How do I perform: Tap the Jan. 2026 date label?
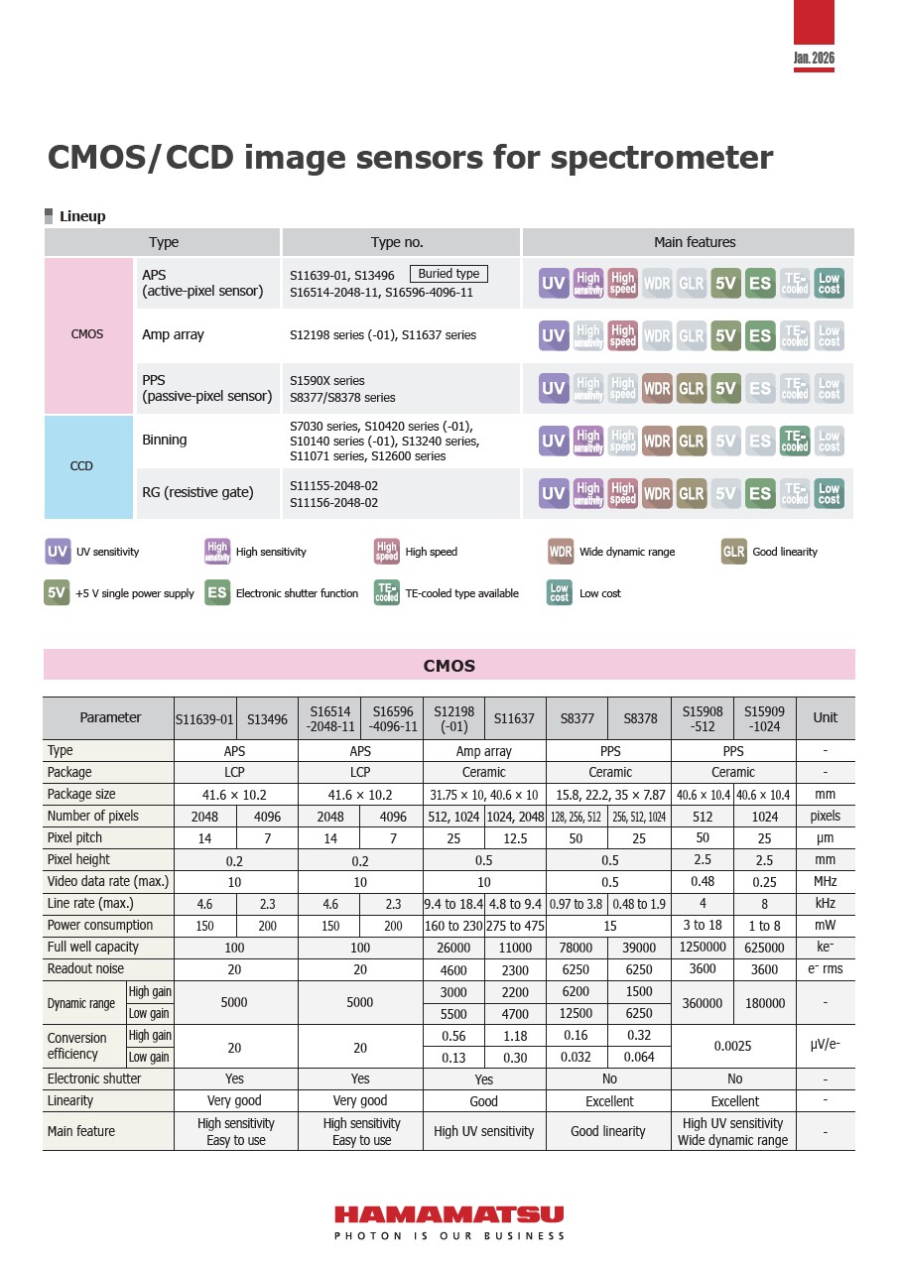click(814, 59)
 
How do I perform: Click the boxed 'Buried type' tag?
click(449, 274)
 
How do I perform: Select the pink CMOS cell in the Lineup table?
click(87, 335)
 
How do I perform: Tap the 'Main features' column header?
click(695, 242)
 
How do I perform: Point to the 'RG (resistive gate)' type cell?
click(197, 492)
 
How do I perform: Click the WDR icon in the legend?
click(561, 552)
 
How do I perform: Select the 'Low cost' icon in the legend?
click(560, 593)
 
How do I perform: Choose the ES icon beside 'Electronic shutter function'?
click(217, 593)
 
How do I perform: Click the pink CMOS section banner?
click(449, 666)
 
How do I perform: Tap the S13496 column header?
click(266, 718)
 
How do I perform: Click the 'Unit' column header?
click(825, 718)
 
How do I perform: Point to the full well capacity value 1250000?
click(703, 948)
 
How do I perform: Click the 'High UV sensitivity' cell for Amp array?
click(484, 1131)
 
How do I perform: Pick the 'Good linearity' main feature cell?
click(608, 1131)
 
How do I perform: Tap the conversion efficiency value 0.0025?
click(733, 1046)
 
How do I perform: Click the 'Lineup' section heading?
click(81, 216)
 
